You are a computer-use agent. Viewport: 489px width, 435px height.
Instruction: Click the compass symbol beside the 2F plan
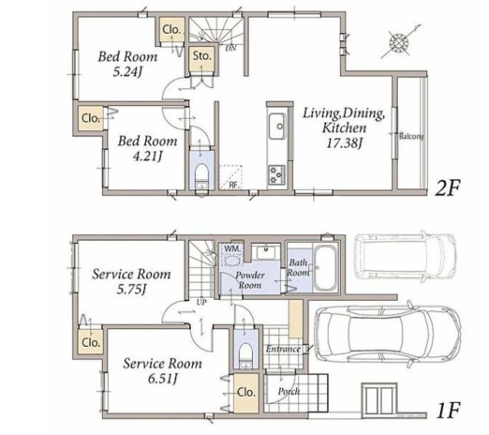[399, 42]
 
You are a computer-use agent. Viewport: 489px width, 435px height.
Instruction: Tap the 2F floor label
[448, 187]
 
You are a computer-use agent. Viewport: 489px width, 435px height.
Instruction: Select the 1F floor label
[448, 410]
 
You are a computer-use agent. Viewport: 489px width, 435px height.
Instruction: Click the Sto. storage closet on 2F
[202, 59]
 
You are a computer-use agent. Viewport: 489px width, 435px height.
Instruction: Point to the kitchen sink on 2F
[276, 127]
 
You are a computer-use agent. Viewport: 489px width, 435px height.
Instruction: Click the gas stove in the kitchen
[276, 175]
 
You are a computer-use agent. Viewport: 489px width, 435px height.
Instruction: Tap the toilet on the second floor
[201, 176]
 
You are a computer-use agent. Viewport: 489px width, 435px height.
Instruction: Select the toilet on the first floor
[246, 355]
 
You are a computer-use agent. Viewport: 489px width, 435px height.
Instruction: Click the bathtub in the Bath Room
[325, 268]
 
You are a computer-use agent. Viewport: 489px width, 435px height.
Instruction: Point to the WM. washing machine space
[231, 255]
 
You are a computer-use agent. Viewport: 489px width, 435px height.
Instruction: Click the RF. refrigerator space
[231, 177]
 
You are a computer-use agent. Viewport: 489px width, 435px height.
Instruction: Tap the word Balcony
[411, 137]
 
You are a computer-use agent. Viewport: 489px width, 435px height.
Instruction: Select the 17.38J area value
[344, 143]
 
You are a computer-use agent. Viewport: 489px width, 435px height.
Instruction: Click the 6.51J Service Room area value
[163, 379]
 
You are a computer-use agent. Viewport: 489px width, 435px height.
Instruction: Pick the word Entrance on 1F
[283, 349]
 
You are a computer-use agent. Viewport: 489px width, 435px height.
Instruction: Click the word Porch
[289, 391]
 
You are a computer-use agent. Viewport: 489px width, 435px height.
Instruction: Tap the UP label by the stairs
[201, 303]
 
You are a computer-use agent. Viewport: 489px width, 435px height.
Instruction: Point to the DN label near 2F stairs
[230, 48]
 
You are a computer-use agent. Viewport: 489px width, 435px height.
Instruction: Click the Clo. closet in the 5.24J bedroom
[171, 30]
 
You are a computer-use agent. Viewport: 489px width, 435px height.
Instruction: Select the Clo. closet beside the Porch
[246, 393]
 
